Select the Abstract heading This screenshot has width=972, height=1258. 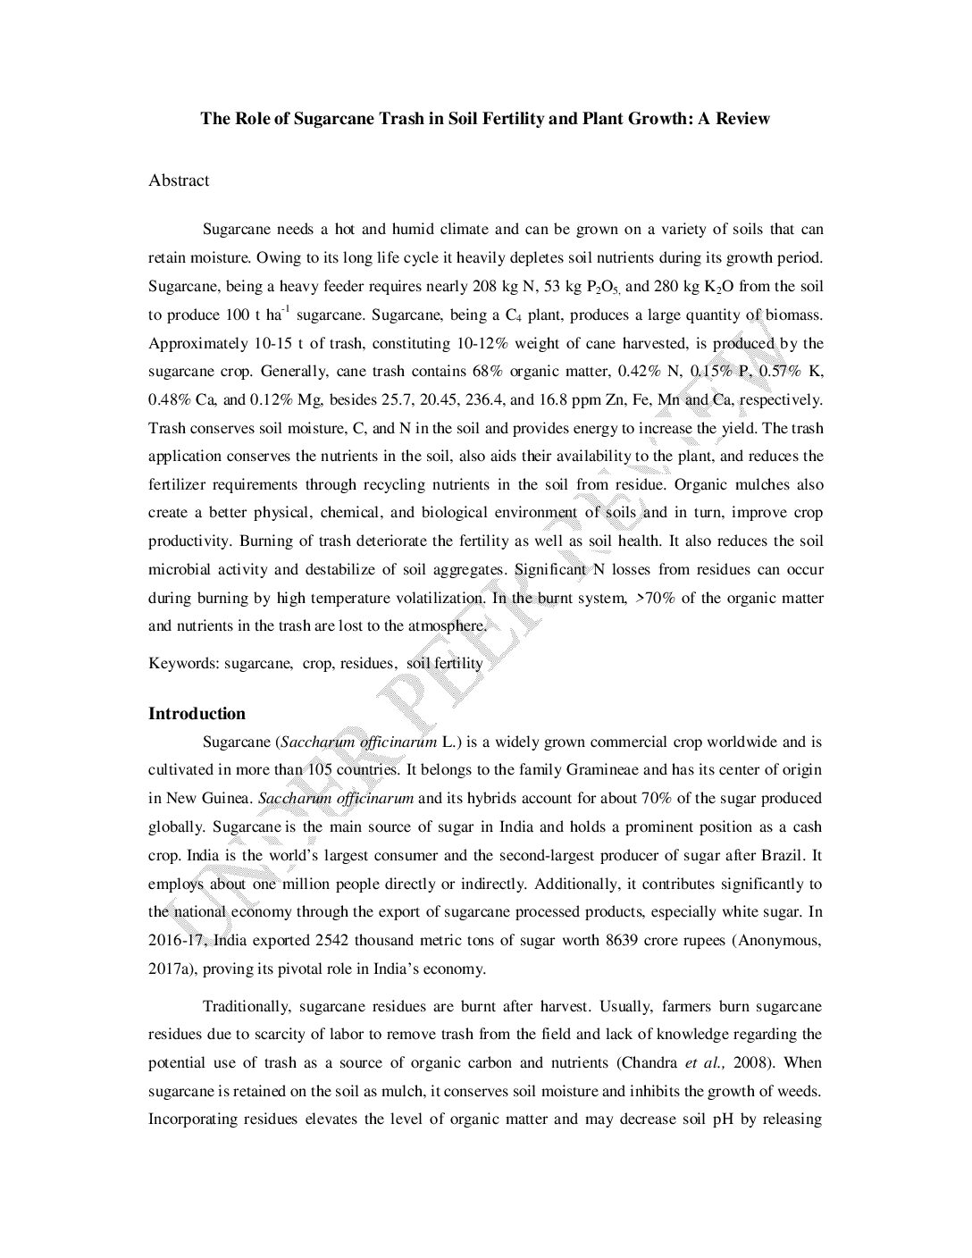(179, 180)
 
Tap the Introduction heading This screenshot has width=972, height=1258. (197, 713)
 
